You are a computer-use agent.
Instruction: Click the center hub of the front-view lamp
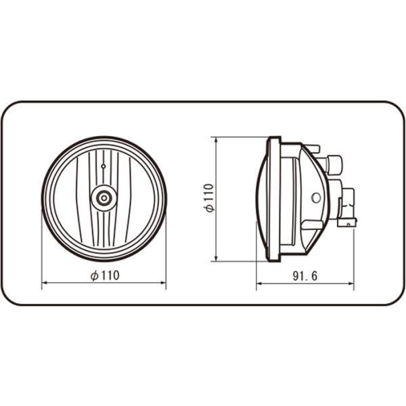[x=104, y=198]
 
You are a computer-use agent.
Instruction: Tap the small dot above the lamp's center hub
[x=103, y=166]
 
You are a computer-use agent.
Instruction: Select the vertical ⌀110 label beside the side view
[x=209, y=199]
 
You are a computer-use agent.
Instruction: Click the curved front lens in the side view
[x=261, y=198]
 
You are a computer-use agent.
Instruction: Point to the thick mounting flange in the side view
[x=273, y=198]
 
